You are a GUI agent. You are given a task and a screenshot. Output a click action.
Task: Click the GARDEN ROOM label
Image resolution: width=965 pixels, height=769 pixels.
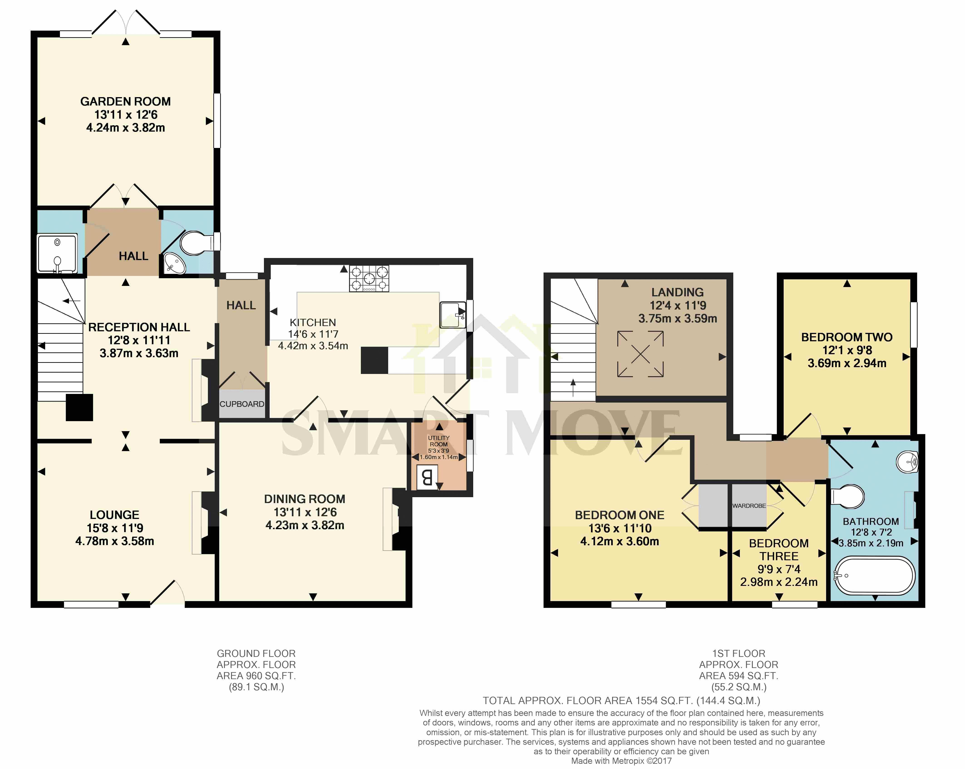point(125,102)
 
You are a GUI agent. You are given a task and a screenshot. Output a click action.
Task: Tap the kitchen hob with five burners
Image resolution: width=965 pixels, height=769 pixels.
point(369,278)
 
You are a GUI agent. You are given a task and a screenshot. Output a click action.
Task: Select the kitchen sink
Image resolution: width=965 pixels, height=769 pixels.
point(453,315)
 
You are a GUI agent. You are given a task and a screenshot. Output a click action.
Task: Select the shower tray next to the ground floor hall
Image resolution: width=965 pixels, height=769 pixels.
point(57,254)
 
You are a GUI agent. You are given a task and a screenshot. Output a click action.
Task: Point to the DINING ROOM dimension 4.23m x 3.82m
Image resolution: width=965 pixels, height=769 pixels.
point(305,525)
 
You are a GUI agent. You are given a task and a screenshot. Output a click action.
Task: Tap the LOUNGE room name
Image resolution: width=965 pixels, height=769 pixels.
point(115,515)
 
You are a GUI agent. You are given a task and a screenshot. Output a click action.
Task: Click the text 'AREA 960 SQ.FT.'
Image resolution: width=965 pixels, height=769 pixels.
point(256,676)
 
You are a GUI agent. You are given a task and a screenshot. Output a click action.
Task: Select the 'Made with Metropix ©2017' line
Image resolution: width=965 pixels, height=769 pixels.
point(621,761)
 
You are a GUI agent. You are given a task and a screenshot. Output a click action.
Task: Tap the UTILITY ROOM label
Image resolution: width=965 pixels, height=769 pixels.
point(439,441)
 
